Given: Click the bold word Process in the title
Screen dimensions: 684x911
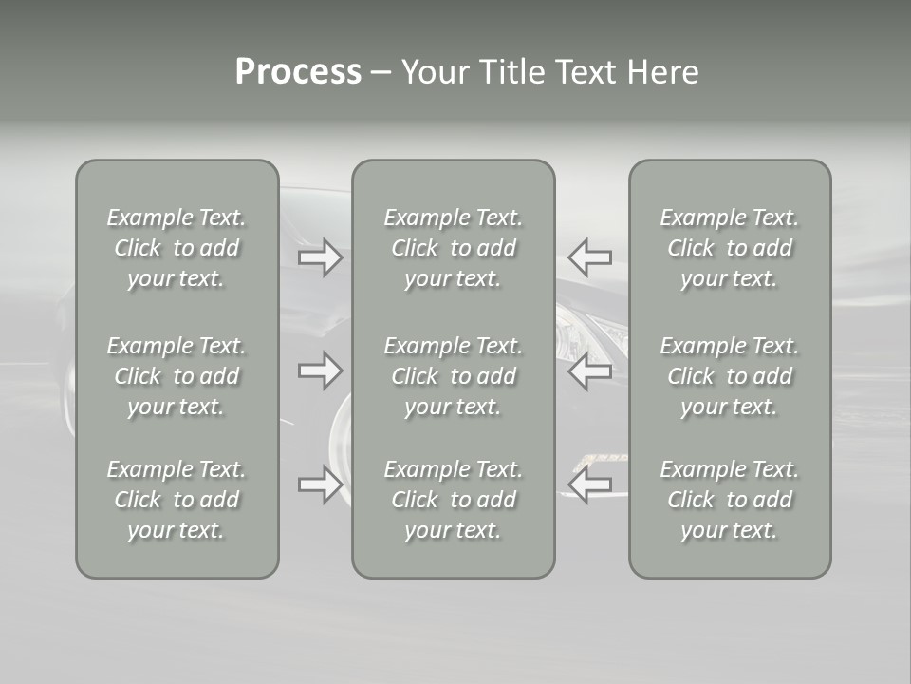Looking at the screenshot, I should point(298,72).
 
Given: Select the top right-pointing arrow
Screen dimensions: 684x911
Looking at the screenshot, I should point(321,257).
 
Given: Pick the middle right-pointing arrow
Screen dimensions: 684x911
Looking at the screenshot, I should point(321,370).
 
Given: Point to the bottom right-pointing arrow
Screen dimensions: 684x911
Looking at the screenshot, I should point(321,484).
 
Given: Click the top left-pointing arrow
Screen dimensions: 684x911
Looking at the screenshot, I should point(589,256).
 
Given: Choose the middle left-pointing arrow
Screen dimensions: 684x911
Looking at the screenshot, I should point(589,371).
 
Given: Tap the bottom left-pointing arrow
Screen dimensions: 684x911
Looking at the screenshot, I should point(589,484).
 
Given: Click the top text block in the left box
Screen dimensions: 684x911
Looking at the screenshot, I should point(177,248).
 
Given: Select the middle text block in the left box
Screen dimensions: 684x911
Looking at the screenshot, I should point(177,376).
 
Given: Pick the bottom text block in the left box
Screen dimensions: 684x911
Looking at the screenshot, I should point(177,500).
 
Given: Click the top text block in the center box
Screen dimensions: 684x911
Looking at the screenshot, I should point(453,248).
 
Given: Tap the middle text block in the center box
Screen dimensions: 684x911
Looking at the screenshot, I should point(453,376).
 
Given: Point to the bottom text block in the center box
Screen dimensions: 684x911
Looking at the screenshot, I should point(453,500).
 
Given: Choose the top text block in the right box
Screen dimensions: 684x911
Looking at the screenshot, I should point(729,248).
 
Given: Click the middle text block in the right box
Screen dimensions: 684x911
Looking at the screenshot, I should point(729,376).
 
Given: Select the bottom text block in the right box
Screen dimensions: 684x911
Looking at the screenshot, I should point(729,500).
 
